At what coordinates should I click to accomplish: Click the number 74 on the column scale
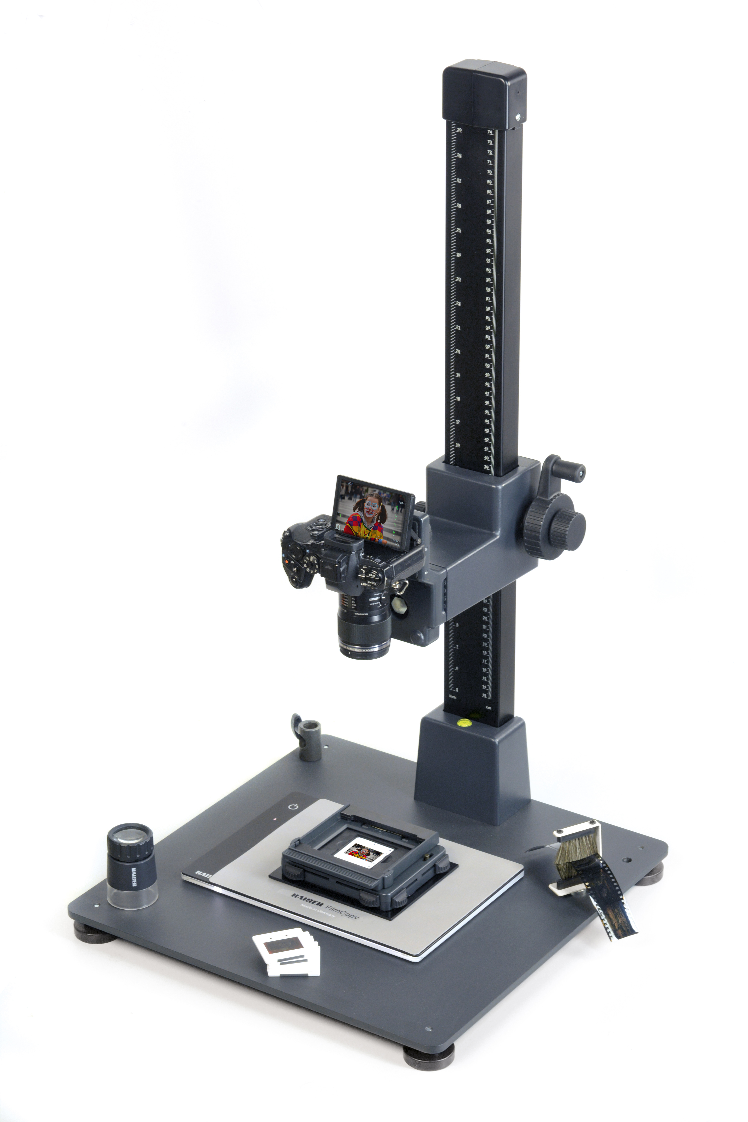[x=489, y=132]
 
